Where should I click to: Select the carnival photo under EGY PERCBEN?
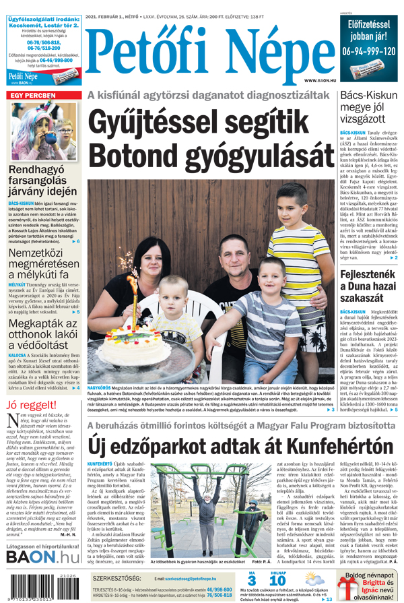[43, 131]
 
